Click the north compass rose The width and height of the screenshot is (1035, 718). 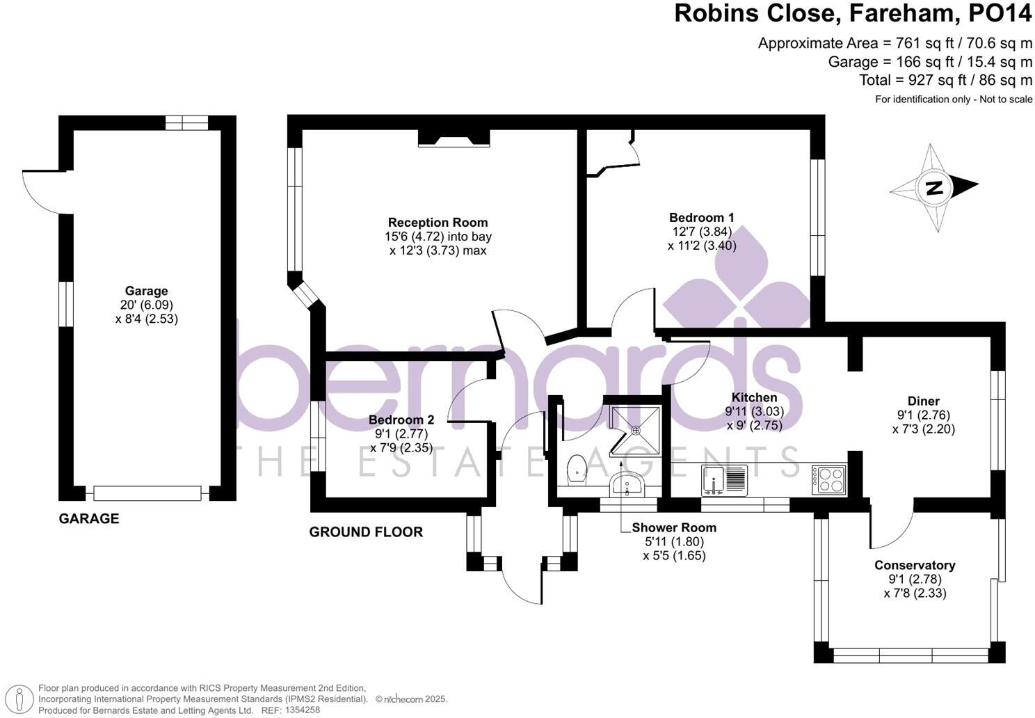pos(934,187)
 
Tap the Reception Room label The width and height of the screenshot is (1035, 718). pos(438,223)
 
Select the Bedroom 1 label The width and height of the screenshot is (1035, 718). pos(701,218)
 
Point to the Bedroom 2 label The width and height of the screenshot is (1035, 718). pos(401,420)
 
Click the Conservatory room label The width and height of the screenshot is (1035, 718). pos(914,565)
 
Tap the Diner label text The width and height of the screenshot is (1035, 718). pos(923,401)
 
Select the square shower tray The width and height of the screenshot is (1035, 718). pos(634,430)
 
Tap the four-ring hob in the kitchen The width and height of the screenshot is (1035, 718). pos(829,480)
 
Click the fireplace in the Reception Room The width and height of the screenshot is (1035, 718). pos(454,139)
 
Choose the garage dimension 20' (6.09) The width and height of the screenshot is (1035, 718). pos(146,305)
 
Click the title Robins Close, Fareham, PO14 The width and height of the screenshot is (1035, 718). pos(853,14)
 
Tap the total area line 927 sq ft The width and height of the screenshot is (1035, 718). pos(945,80)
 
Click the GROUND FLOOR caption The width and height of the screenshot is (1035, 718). pos(366,532)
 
